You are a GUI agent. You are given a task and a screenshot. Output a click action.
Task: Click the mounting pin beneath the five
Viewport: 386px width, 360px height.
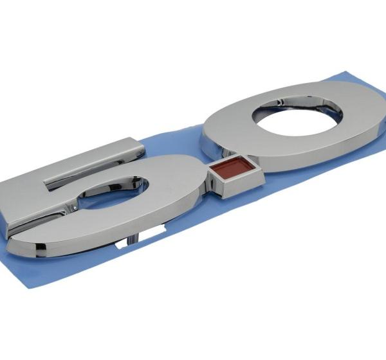tap(133, 239)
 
